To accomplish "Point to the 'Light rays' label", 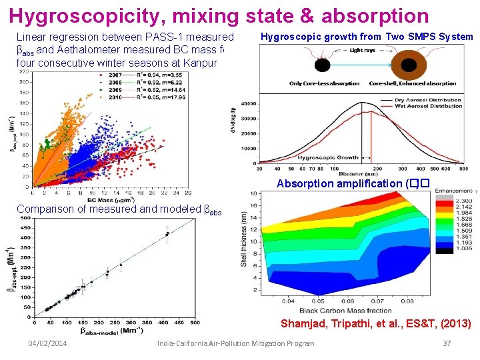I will coord(362,51).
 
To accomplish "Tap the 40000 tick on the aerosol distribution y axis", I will coord(248,104).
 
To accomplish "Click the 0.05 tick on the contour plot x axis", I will coord(319,302).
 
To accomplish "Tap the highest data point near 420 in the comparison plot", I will coord(167,233).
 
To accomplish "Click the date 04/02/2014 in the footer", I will coord(46,343).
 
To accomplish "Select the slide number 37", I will coord(447,343).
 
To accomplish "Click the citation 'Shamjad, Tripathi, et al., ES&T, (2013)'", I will coord(376,325).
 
